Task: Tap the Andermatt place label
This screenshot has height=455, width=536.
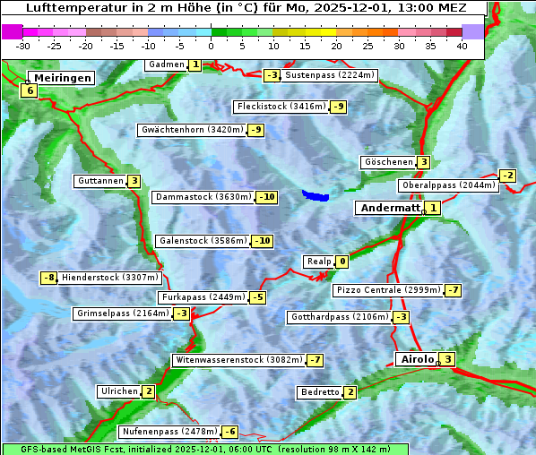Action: pos(390,208)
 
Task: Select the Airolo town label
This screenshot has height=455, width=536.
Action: pos(416,359)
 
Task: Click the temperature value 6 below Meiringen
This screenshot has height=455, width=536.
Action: pos(30,90)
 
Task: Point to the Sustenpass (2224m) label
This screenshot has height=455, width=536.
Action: pos(323,75)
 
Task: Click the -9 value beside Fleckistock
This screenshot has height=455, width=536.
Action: pos(338,107)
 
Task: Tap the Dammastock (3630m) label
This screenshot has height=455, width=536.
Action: pos(203,197)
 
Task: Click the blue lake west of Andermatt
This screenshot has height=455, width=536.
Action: pos(316,194)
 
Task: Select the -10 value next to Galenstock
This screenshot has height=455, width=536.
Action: pos(262,241)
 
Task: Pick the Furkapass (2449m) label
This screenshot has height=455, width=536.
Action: pos(202,297)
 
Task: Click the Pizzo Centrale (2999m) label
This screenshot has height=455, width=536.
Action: pos(388,290)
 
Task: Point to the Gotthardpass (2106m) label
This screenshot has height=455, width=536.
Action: pos(339,317)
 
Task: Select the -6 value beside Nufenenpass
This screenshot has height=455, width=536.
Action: pos(230,432)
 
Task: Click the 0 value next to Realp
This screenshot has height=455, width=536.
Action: pos(341,262)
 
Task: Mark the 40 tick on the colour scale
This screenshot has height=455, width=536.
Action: pos(462,46)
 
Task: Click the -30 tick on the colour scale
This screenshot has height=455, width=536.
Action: pos(23,46)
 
